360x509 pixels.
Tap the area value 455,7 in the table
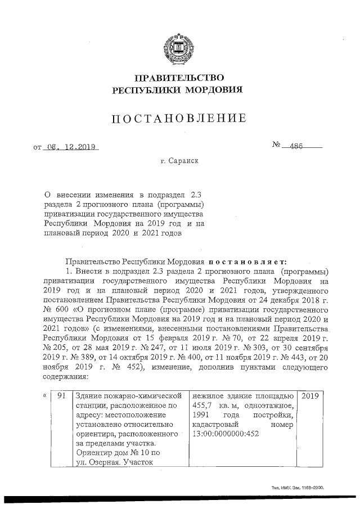coord(204,405)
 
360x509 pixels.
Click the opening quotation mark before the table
coord(44,395)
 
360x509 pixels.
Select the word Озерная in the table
coord(102,463)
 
